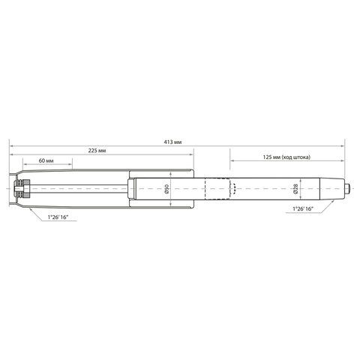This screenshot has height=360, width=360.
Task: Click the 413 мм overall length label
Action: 172,142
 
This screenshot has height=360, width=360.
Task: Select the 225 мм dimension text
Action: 97,151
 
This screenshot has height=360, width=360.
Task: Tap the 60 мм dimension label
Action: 46,160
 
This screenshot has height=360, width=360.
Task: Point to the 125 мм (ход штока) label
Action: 286,157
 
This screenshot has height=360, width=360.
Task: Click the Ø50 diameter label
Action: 167,189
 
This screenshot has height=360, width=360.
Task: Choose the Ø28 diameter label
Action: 295,188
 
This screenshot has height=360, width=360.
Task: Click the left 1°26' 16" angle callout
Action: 58,217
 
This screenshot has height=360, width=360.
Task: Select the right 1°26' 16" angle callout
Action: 303,208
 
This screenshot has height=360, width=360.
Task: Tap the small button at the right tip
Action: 347,188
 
